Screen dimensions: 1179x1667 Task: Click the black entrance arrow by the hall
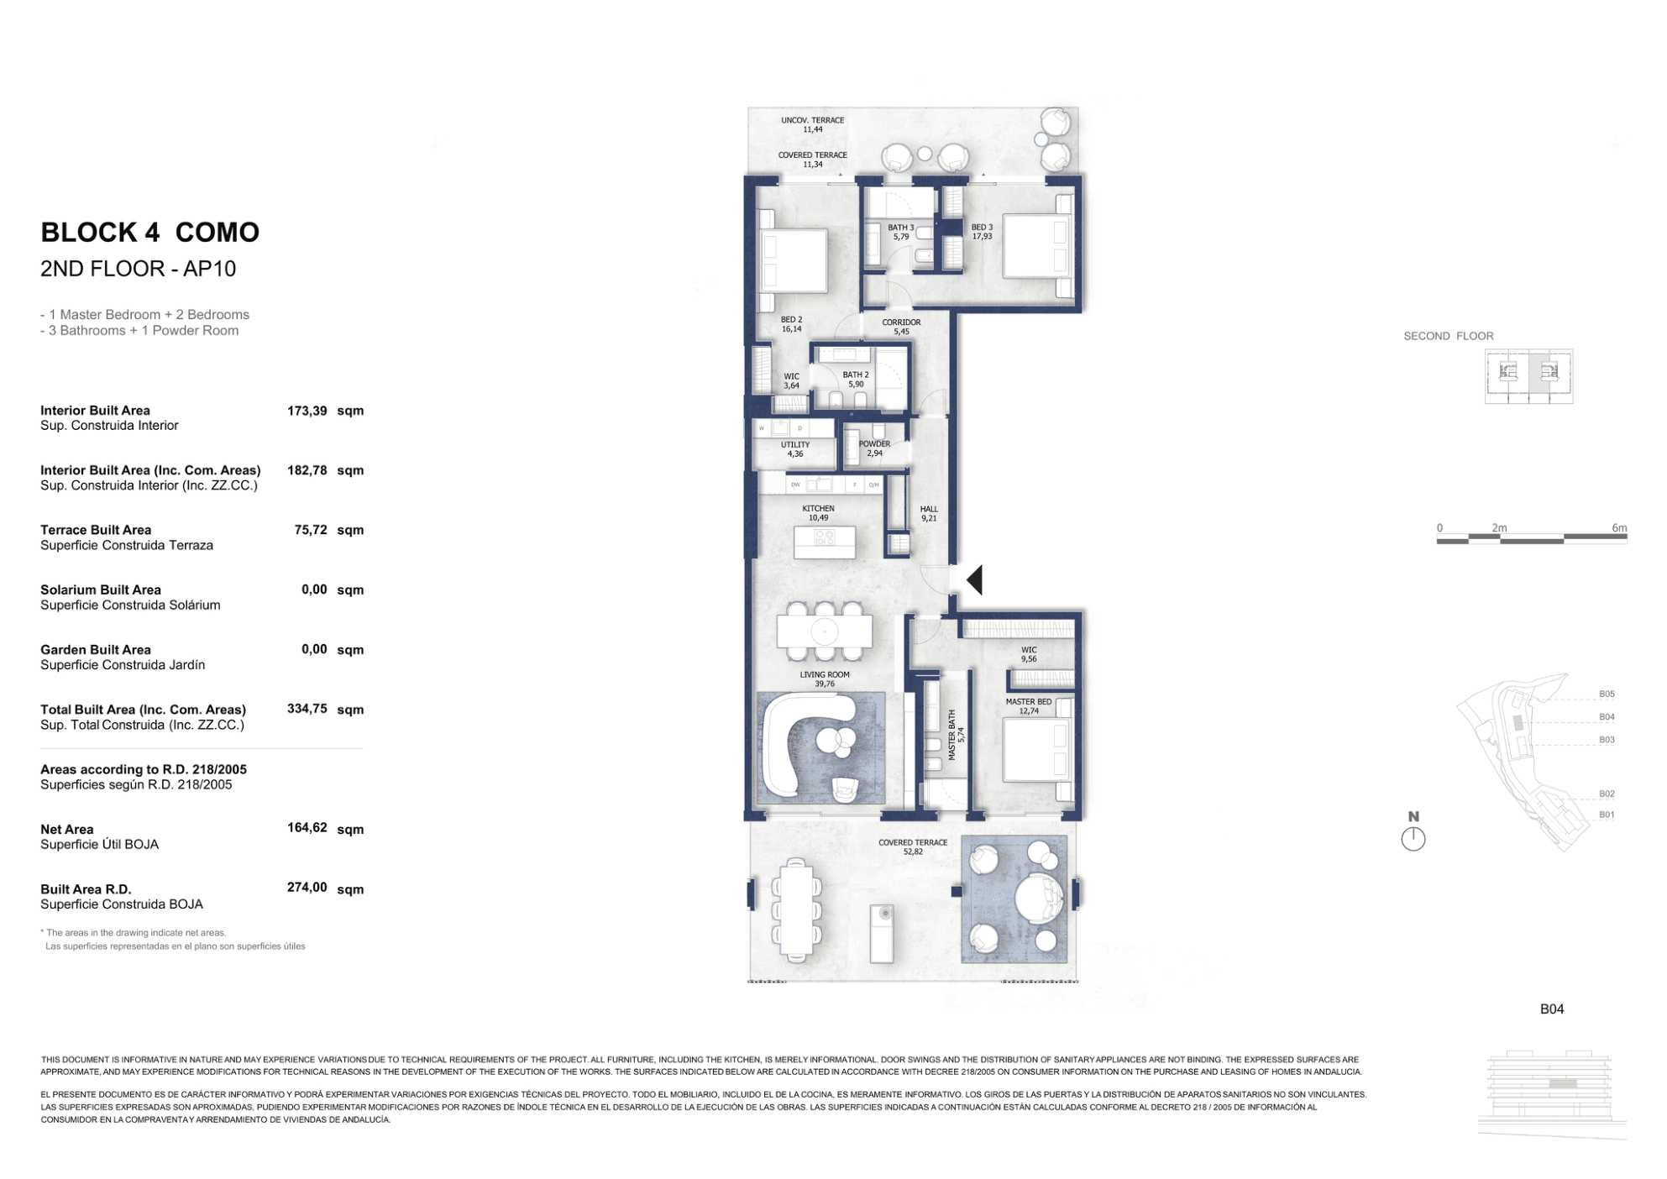(x=975, y=580)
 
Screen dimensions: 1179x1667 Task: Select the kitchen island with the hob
(x=825, y=542)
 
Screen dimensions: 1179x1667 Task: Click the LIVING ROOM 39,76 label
(x=825, y=679)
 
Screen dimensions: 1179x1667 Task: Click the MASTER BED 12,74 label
(x=1028, y=706)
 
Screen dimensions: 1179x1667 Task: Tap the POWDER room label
(x=874, y=448)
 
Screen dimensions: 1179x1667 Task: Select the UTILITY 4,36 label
(x=795, y=449)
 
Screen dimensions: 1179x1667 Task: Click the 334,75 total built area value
(x=307, y=709)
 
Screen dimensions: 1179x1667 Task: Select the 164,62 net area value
(x=307, y=828)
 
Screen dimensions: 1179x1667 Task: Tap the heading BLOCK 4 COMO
(x=150, y=233)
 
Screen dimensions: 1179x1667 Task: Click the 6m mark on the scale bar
(x=1619, y=528)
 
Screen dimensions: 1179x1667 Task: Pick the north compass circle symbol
(x=1413, y=838)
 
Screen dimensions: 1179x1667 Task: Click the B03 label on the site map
(x=1606, y=740)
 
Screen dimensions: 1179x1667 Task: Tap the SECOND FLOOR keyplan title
(x=1448, y=336)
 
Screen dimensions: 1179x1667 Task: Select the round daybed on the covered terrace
(x=1039, y=898)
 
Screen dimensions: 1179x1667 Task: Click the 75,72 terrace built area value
(x=310, y=530)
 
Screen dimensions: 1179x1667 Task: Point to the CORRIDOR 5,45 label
(x=901, y=327)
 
